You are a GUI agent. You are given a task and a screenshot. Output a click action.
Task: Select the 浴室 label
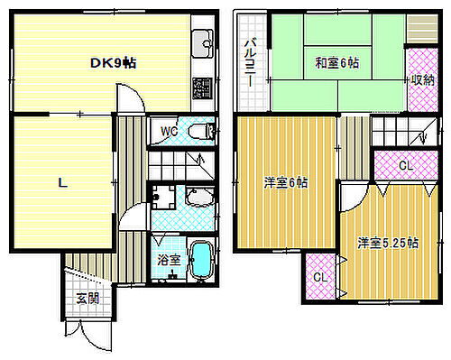[169, 260]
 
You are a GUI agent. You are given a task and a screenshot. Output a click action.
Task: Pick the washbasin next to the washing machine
[196, 198]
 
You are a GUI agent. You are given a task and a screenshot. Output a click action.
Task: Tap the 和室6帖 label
[337, 63]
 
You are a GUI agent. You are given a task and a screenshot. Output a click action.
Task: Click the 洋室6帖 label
[285, 182]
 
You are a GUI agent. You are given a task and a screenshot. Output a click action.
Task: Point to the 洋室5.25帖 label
[387, 242]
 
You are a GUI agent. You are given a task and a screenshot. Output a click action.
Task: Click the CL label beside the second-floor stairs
[406, 165]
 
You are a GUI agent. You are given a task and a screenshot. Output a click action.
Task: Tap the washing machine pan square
[164, 198]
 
